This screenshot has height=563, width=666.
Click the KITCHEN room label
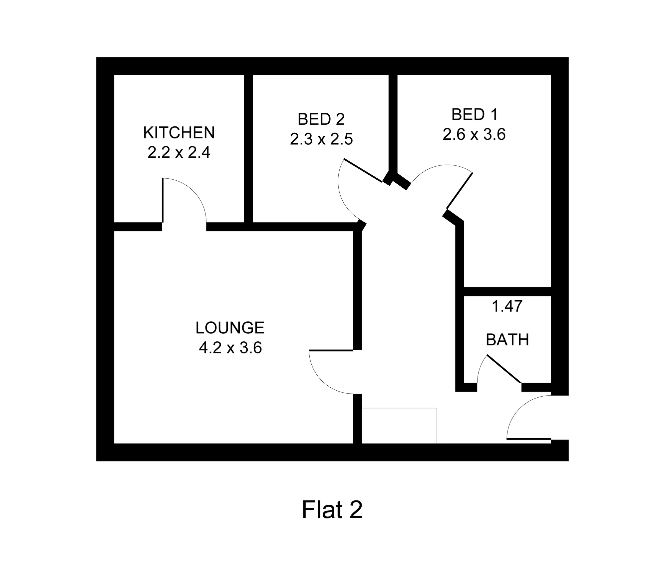(x=179, y=132)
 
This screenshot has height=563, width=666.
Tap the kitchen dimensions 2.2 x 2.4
(x=179, y=153)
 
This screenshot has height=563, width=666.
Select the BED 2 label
(x=321, y=119)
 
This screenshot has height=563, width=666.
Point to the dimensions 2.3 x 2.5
(x=321, y=139)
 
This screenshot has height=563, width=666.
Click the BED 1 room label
(x=475, y=114)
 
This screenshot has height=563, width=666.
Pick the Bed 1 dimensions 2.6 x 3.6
(x=474, y=134)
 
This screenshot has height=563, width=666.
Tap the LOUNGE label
(x=230, y=328)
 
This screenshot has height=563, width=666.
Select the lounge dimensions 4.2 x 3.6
(x=230, y=348)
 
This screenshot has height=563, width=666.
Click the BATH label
(x=507, y=340)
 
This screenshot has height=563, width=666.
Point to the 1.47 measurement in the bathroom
(x=507, y=306)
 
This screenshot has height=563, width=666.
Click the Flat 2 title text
(x=332, y=509)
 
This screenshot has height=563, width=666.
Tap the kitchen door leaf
(x=163, y=200)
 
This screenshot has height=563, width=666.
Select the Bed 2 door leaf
(x=363, y=170)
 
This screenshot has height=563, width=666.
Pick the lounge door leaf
(x=331, y=350)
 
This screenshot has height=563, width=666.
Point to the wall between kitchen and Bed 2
(x=248, y=148)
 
